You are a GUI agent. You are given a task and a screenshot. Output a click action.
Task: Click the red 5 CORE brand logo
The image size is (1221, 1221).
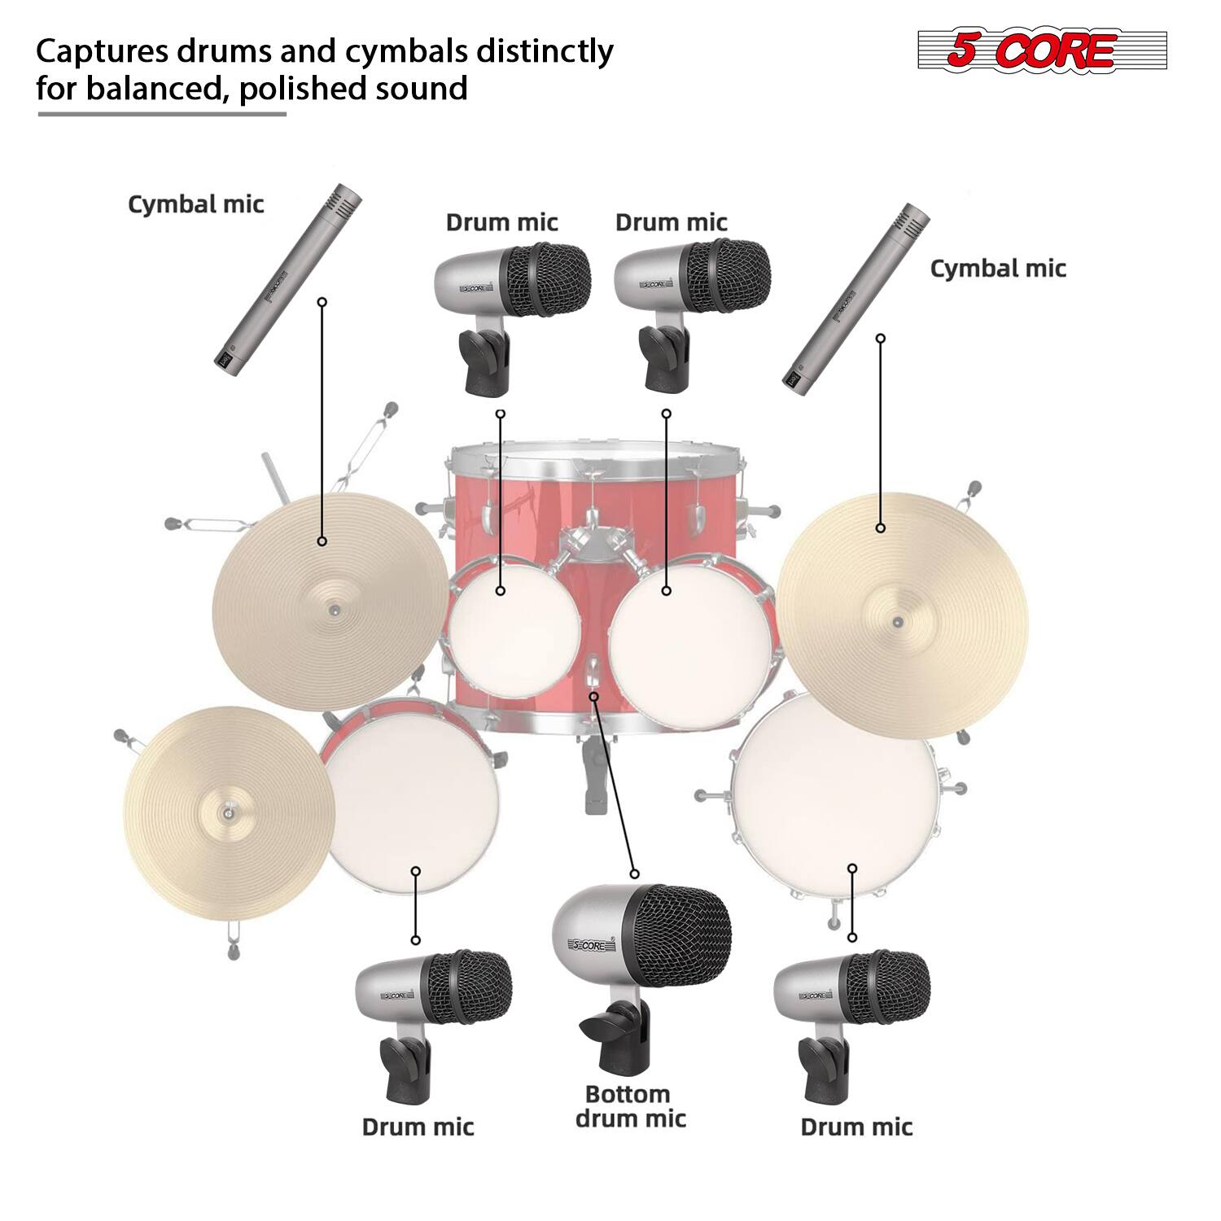[1042, 50]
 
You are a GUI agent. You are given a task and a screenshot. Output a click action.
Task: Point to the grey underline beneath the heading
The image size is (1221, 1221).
[162, 114]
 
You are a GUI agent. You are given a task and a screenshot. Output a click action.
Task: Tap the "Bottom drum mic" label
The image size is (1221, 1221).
[630, 1106]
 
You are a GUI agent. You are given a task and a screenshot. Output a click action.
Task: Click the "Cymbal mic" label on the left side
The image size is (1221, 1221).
[195, 203]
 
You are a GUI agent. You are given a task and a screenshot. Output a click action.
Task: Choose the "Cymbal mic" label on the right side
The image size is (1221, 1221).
[998, 268]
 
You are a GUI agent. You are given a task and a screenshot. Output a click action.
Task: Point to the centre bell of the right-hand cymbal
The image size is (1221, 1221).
[897, 622]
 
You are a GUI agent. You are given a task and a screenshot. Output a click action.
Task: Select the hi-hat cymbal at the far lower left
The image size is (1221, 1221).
[230, 814]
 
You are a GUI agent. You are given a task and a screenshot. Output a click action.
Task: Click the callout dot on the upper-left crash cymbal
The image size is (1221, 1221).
[322, 541]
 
